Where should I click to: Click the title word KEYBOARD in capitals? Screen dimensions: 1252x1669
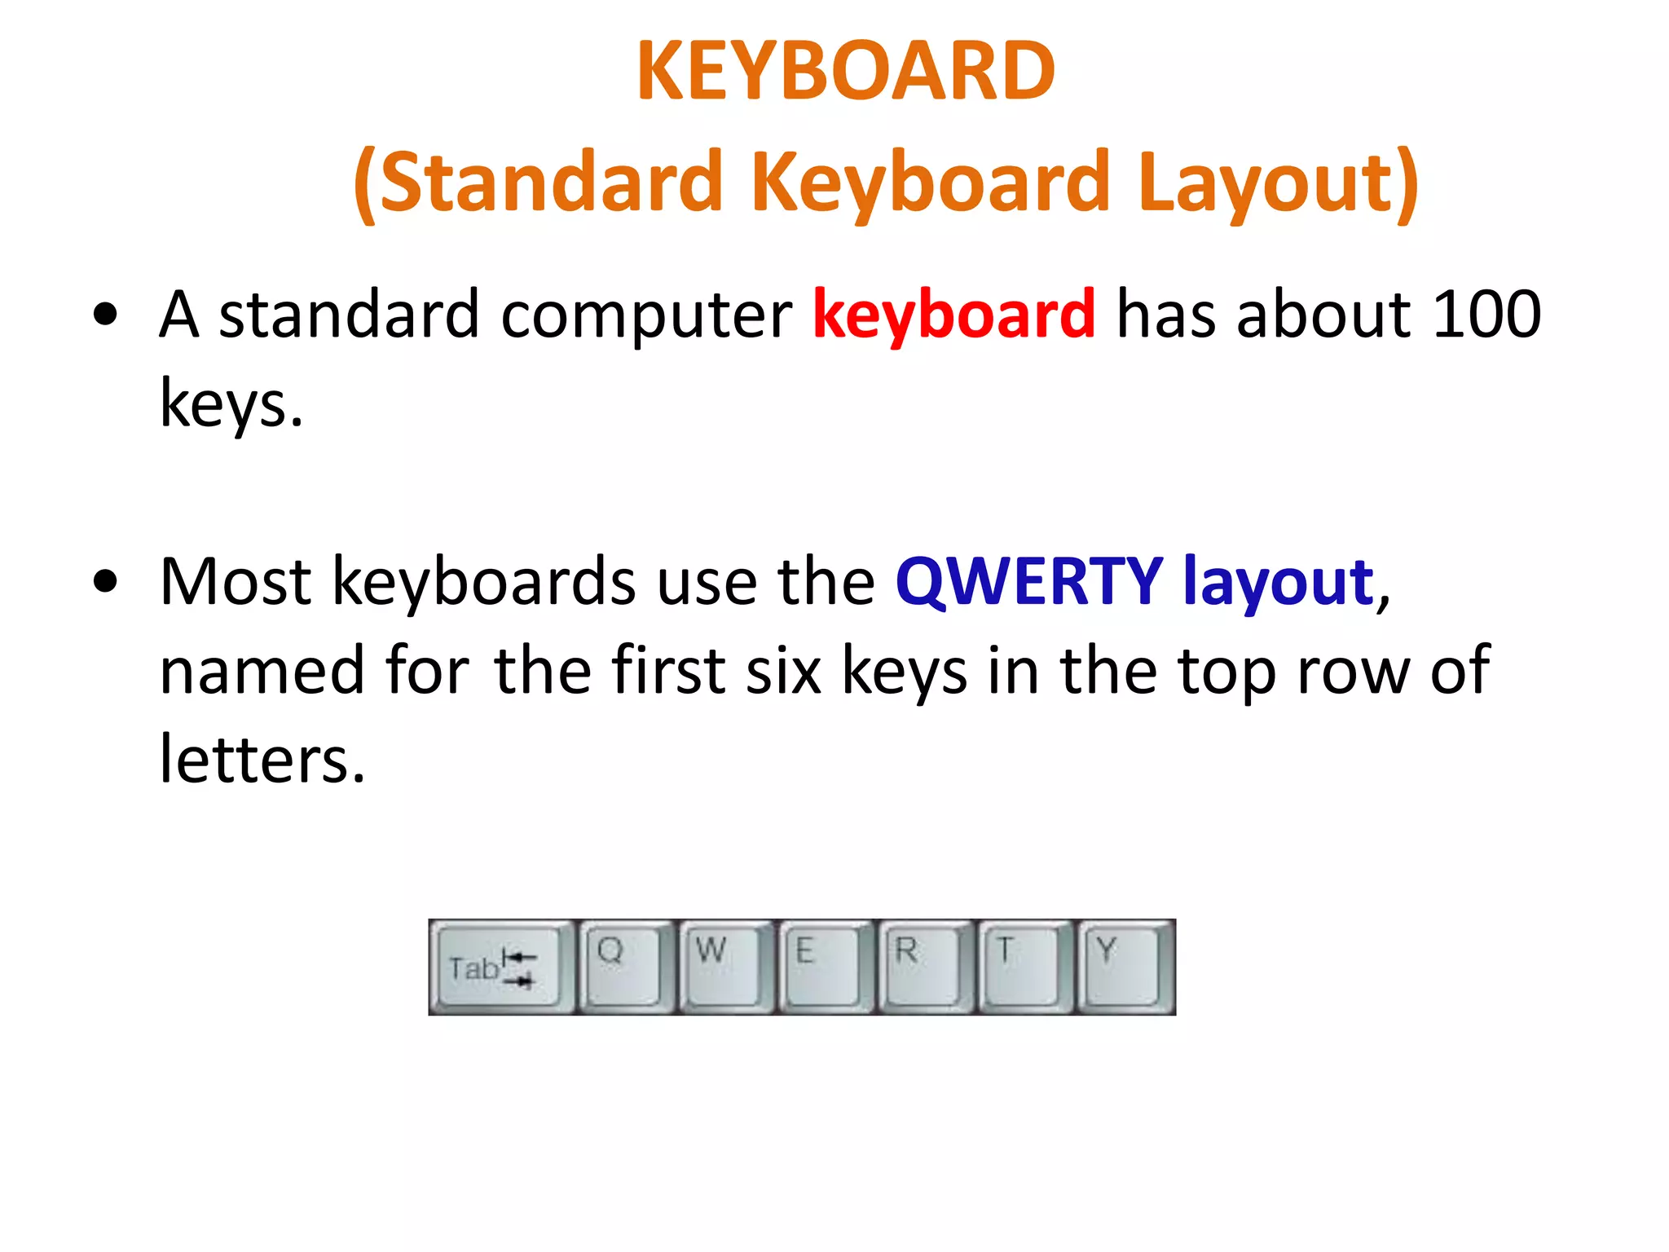point(846,72)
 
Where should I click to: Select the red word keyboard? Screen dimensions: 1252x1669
point(953,315)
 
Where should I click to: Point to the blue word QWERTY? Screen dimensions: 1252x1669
point(1028,582)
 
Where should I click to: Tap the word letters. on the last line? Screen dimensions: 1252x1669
point(262,760)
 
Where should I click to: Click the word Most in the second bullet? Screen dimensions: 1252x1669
point(236,582)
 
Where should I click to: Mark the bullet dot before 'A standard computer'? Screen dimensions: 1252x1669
point(106,315)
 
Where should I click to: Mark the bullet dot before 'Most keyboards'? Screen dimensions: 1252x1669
point(106,582)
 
